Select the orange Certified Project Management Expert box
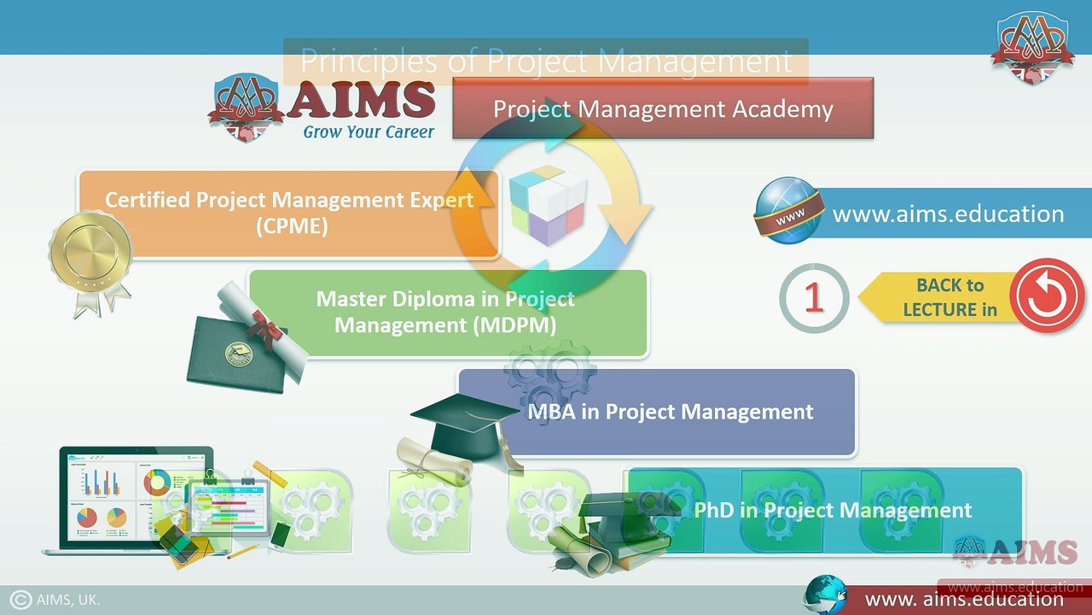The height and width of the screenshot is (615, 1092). pyautogui.click(x=288, y=214)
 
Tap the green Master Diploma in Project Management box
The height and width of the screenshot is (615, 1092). pyautogui.click(x=446, y=313)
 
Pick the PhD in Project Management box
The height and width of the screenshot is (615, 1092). pyautogui.click(x=832, y=511)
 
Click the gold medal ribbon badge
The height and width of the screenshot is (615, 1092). pyautogui.click(x=90, y=256)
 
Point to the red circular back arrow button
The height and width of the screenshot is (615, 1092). pyautogui.click(x=1047, y=296)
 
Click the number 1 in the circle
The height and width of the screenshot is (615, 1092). pyautogui.click(x=814, y=297)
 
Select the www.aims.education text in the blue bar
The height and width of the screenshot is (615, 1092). pyautogui.click(x=948, y=214)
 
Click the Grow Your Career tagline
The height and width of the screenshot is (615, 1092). pyautogui.click(x=369, y=132)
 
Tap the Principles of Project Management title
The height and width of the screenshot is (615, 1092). pyautogui.click(x=546, y=61)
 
